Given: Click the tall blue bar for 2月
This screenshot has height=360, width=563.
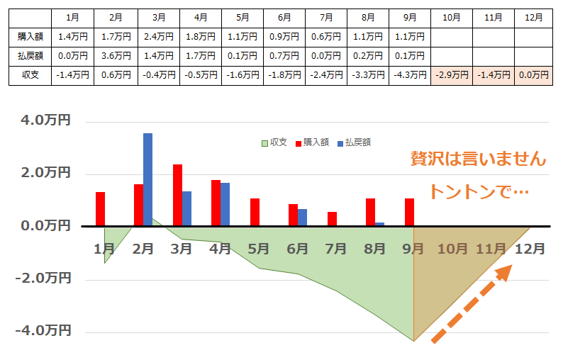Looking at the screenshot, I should point(147,179).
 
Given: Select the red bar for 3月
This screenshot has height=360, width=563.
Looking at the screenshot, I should point(177,195).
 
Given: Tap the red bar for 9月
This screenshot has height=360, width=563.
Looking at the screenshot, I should point(408,212).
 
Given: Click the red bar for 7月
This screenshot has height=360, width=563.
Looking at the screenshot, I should point(332,219).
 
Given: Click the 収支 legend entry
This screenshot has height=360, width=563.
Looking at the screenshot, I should point(274,142).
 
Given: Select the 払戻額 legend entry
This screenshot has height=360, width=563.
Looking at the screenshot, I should point(354,142).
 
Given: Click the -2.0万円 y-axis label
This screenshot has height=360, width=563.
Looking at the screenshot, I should point(43,279).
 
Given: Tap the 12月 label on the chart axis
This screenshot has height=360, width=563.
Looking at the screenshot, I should point(530,249).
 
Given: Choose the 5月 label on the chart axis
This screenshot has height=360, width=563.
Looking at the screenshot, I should point(259,249).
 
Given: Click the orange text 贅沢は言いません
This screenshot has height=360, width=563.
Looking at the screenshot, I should point(479,159).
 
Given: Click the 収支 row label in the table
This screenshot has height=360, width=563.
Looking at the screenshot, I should point(30,74).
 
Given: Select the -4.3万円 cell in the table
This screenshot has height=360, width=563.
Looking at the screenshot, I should point(409,74).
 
